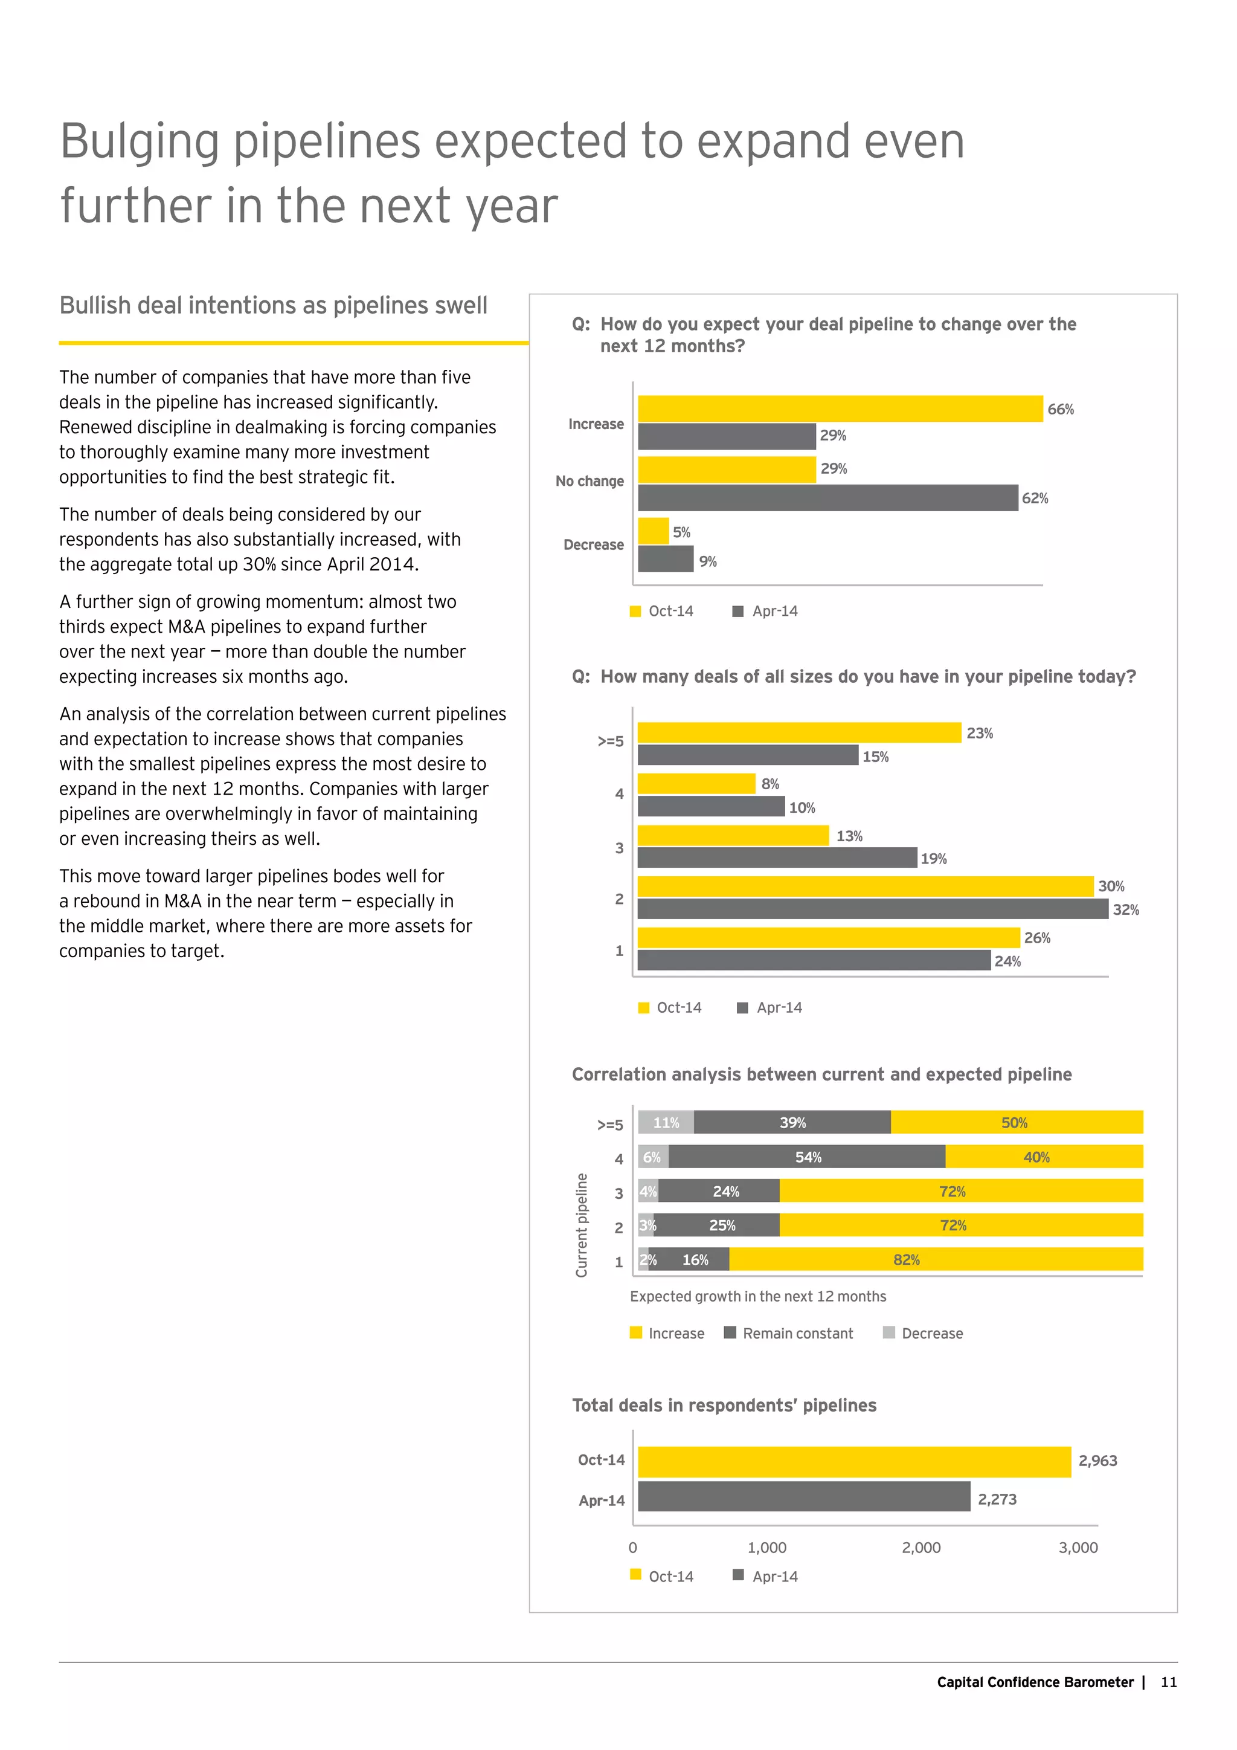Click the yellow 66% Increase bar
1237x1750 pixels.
(840, 408)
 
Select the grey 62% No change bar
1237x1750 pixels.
(827, 498)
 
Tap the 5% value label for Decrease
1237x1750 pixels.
(682, 532)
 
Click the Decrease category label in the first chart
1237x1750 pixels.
(593, 545)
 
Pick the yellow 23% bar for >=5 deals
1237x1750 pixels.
(798, 732)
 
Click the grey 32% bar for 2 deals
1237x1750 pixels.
(872, 908)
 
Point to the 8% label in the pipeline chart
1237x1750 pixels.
(770, 784)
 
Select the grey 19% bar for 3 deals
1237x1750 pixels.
(777, 857)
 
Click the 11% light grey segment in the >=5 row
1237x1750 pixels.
(666, 1123)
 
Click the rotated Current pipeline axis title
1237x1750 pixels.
(582, 1225)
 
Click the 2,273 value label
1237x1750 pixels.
(997, 1499)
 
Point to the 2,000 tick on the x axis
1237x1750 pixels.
(921, 1547)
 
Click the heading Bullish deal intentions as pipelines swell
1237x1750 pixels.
(272, 306)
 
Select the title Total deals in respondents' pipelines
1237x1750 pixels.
(724, 1406)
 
